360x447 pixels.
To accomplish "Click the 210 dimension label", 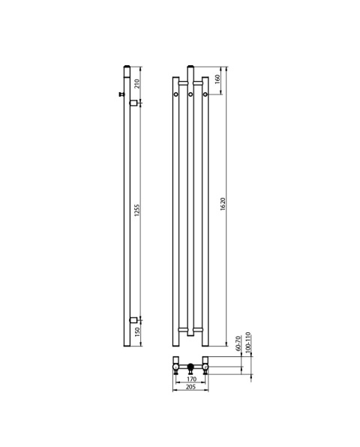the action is pos(136,84).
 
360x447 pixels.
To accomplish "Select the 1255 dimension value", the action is pos(136,210).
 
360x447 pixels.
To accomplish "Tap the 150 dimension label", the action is pos(137,332).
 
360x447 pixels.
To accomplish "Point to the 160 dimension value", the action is pos(217,79).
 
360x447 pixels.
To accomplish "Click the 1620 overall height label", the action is pos(223,204).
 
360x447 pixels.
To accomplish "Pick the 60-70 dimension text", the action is pos(238,343).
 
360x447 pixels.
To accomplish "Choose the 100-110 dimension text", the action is pos(247,343).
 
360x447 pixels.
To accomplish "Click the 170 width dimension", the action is pos(191,379).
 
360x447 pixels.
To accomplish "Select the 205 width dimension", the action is pos(190,387).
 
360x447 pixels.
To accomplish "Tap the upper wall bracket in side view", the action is pos(133,103).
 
